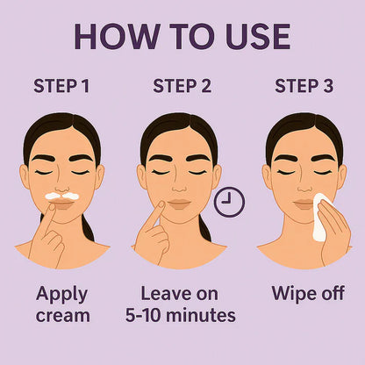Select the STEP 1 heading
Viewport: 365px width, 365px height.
tap(62, 86)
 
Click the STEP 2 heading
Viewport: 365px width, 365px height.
tap(182, 86)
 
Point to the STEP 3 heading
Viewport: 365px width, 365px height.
tap(304, 86)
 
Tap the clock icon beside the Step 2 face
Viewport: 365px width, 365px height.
tap(229, 203)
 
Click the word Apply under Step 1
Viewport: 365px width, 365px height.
tap(61, 294)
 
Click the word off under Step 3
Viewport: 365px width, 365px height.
tap(330, 294)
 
